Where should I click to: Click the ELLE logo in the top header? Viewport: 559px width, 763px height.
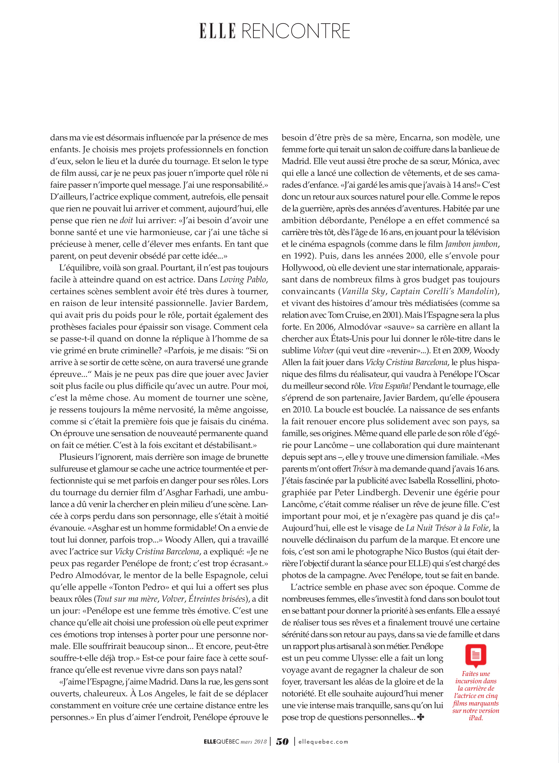click(x=217, y=31)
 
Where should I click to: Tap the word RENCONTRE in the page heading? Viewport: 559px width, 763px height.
click(x=296, y=31)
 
